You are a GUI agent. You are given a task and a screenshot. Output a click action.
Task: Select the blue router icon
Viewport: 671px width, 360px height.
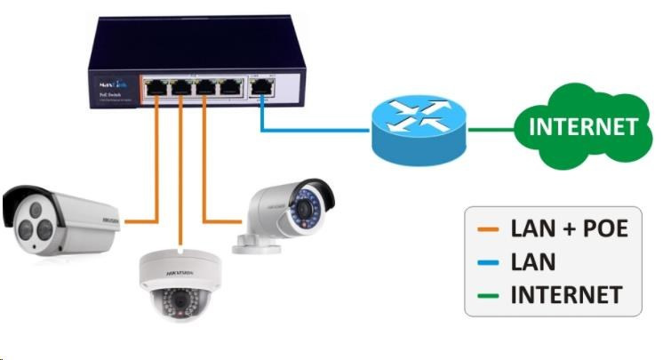click(x=418, y=130)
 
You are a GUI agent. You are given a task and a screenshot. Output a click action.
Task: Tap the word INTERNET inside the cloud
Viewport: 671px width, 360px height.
click(x=583, y=127)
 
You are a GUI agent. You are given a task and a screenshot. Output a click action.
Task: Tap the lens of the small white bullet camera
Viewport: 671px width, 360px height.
click(x=308, y=210)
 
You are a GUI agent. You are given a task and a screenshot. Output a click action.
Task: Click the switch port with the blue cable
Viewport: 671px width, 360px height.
click(x=263, y=88)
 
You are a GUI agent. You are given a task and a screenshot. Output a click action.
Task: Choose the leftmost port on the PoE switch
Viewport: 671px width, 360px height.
click(x=156, y=88)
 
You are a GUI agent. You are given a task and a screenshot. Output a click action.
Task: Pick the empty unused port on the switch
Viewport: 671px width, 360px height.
click(x=230, y=88)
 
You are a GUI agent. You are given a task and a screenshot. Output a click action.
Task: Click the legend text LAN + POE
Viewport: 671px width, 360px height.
click(x=569, y=229)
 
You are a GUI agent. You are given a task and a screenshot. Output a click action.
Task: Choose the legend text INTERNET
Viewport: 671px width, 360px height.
click(x=566, y=293)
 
